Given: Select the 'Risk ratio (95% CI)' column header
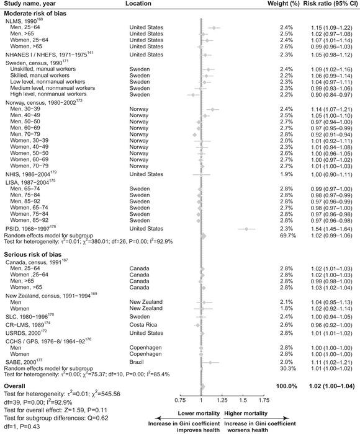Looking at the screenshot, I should (329, 4).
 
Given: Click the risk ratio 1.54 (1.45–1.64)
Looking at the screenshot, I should (329, 229).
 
